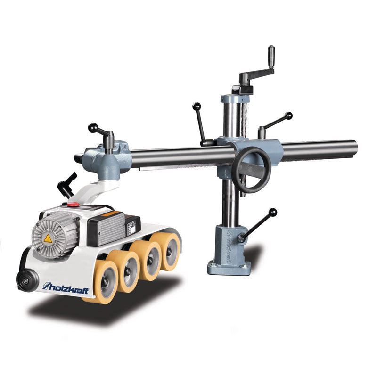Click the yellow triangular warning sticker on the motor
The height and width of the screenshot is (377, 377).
pyautogui.click(x=48, y=238)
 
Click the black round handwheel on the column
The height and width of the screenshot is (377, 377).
pyautogui.click(x=253, y=170)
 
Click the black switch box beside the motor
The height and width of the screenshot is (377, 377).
pyautogui.click(x=106, y=229)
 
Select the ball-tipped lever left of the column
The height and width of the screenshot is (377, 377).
pyautogui.click(x=201, y=123)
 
